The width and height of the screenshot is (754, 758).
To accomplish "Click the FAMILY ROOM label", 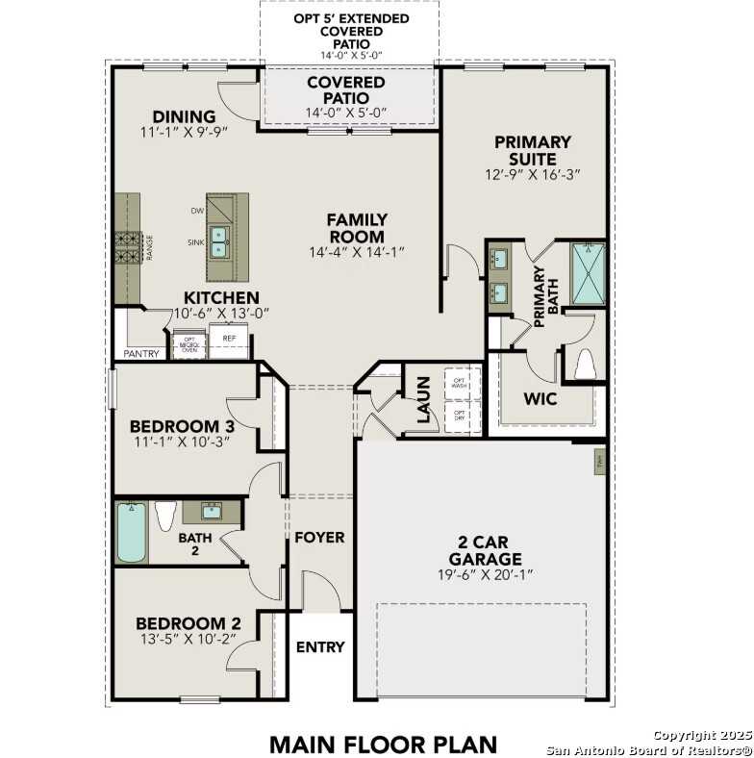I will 358,228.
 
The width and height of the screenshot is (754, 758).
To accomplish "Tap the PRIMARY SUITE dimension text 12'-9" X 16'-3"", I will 532,175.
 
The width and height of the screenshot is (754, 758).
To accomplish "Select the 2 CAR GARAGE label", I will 485,550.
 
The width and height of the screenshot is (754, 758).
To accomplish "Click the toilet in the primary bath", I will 585,365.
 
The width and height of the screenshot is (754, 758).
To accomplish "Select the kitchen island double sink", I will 220,240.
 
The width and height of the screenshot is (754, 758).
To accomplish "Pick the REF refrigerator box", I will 230,341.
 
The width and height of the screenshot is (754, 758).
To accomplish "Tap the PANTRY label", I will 140,354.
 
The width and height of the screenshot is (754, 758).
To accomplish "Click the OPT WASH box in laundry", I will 458,381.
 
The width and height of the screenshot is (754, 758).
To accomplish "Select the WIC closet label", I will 540,398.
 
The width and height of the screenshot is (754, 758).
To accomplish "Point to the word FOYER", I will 319,538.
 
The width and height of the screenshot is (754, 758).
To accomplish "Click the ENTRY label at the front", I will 319,647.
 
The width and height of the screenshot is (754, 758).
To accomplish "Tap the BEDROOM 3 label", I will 184,426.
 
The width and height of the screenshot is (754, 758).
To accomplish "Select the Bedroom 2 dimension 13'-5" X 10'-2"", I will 187,638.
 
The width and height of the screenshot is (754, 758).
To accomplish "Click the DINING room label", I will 184,117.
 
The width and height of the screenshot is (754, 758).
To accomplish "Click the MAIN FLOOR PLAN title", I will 383,744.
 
